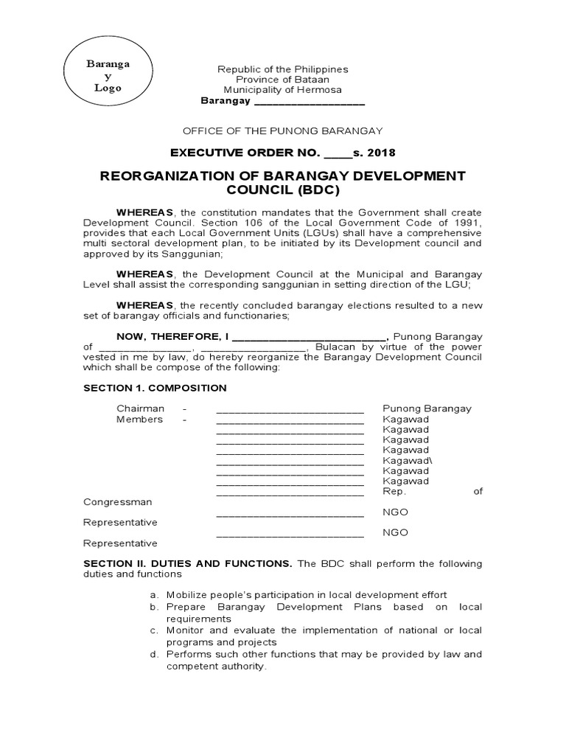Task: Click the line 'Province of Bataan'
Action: coord(282,80)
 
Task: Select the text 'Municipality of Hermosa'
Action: coord(282,90)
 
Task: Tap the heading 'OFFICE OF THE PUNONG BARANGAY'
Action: coord(282,131)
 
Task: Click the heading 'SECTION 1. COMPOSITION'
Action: coord(155,388)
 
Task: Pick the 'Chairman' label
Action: coord(140,409)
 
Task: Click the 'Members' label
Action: coord(139,420)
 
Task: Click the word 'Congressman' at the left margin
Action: coord(117,502)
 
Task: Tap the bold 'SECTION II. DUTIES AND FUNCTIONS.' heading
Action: coord(188,564)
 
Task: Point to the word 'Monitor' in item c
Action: coord(185,630)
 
